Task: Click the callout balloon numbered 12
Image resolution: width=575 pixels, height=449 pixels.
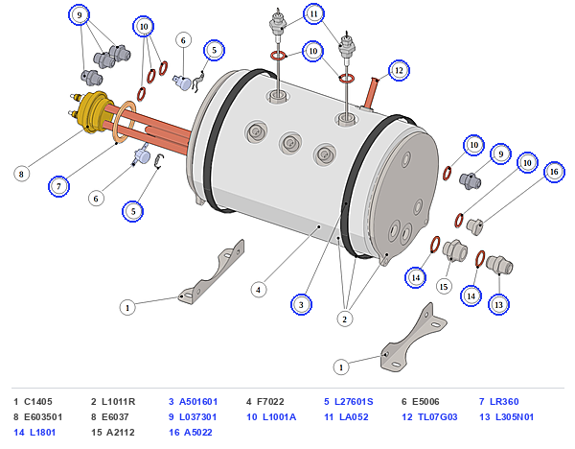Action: click(x=399, y=70)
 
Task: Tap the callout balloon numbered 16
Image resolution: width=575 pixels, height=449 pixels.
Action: click(x=554, y=172)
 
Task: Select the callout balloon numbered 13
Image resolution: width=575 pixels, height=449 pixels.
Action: click(x=498, y=304)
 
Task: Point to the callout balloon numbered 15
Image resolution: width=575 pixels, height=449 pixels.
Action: click(x=444, y=286)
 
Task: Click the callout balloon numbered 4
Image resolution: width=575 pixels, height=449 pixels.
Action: click(x=259, y=290)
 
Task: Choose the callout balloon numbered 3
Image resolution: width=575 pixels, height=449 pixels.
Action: click(x=301, y=304)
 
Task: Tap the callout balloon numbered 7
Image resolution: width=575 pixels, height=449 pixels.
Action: click(x=58, y=186)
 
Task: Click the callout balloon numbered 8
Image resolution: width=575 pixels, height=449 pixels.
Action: click(x=21, y=174)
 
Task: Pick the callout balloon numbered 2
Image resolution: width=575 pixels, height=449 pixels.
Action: click(x=344, y=319)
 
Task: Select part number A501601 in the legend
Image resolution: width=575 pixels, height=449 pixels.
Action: click(x=198, y=402)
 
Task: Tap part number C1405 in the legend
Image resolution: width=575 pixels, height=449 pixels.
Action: click(x=38, y=402)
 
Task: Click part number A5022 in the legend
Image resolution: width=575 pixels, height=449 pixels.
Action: click(x=198, y=433)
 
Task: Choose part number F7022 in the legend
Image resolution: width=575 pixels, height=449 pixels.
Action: click(x=270, y=402)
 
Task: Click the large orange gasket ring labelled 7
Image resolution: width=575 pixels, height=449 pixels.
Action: click(x=124, y=122)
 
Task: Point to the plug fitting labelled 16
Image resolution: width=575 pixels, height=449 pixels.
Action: click(x=474, y=226)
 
